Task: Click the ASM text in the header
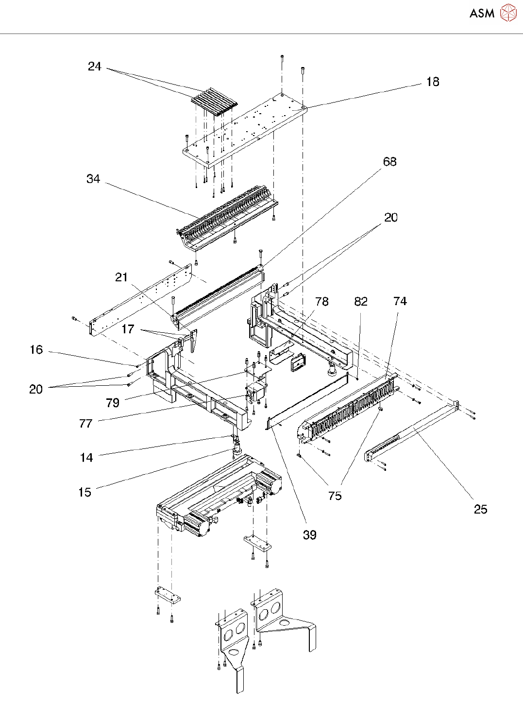tap(482, 13)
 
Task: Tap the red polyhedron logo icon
tap(508, 13)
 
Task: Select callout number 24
tap(95, 67)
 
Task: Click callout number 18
tap(433, 82)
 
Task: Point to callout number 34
tap(93, 179)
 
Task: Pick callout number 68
tap(390, 162)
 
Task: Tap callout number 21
tap(121, 277)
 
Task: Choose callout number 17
tap(128, 329)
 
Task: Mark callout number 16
tap(36, 350)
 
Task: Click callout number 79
tap(113, 403)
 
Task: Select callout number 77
tap(85, 423)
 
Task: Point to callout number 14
tap(86, 458)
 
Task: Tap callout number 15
tap(84, 492)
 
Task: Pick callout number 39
tap(310, 535)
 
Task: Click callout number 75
tap(335, 496)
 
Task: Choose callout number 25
tap(480, 510)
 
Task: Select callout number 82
tap(361, 302)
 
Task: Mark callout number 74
tap(400, 301)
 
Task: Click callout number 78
tap(322, 302)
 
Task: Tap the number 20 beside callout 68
tap(390, 218)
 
